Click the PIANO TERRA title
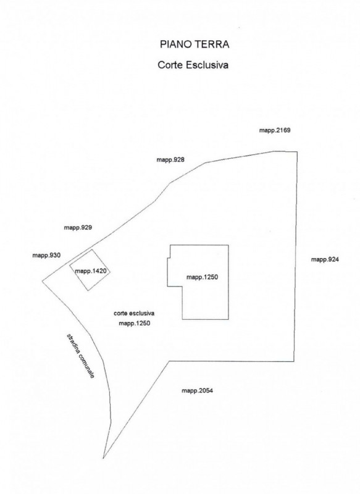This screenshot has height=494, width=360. coord(195,44)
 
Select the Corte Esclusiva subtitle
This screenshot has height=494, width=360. coord(193,65)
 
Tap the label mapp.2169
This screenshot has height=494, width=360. coord(275,130)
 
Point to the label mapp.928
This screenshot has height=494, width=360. coord(170,160)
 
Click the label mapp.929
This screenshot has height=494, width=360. coord(78,227)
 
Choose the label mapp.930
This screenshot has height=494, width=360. coord(46,256)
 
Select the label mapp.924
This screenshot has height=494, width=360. coord(325,259)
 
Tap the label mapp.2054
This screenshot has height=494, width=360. coord(197,391)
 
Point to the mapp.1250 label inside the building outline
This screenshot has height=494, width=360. coord(202,277)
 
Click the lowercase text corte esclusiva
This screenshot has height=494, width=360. coord(134,314)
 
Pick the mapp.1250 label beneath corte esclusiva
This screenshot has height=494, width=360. coord(135,323)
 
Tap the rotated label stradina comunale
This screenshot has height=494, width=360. coord(80,356)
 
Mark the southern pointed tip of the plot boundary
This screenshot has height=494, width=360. coord(103,458)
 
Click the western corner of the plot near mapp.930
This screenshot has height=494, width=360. coord(43,281)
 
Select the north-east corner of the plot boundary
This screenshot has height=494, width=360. coord(297,152)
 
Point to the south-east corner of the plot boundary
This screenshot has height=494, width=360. coord(294,361)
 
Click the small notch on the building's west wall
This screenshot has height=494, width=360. coord(169,258)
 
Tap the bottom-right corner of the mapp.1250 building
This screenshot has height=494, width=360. coord(228,319)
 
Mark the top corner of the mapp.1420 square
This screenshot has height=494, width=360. coord(92,249)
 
